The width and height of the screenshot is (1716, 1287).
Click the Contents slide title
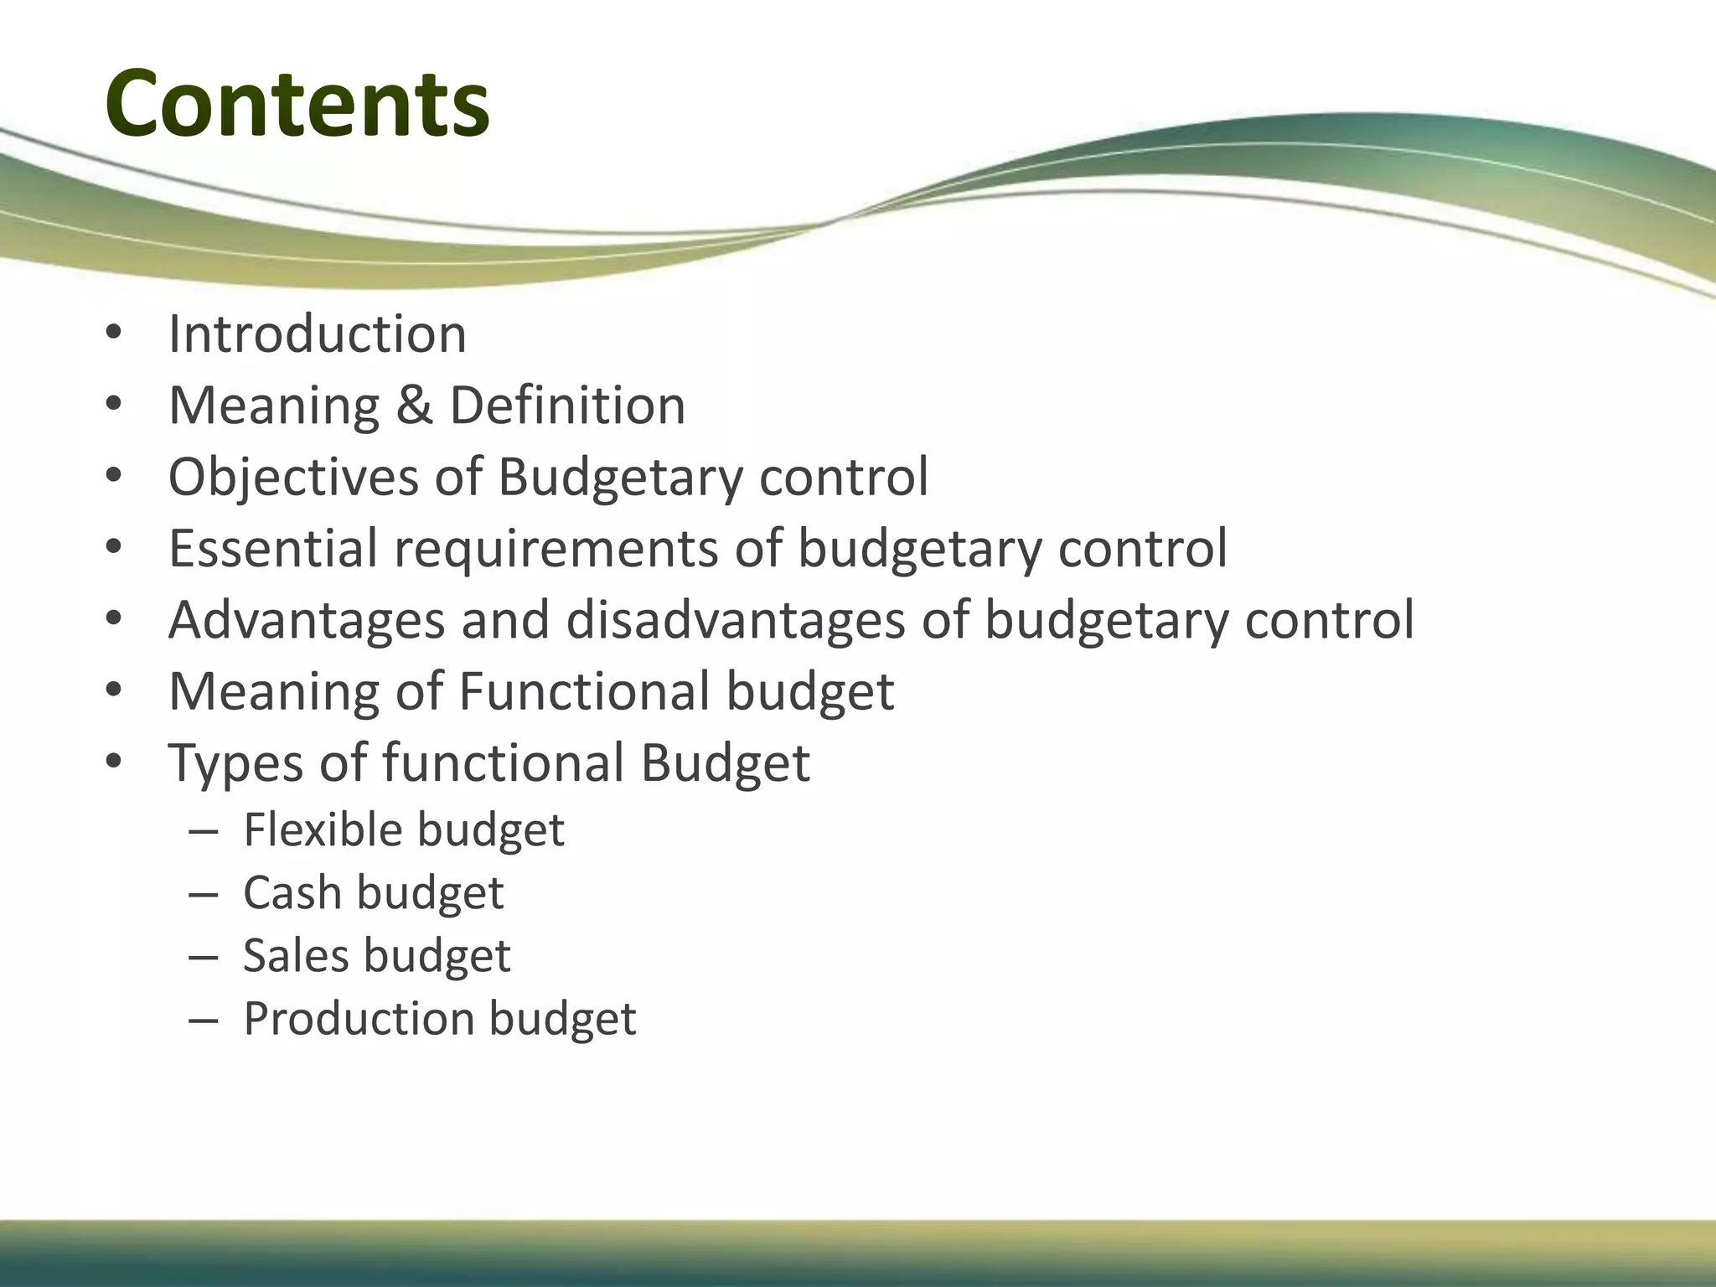point(297,104)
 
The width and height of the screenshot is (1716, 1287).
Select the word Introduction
point(317,334)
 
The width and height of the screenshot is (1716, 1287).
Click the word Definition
point(567,406)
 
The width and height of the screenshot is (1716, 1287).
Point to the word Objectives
point(293,478)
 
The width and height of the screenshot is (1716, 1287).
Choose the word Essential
point(273,549)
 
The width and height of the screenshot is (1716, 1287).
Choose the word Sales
point(296,955)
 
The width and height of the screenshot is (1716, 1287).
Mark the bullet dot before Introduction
point(114,334)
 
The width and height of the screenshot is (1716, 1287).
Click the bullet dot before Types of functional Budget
point(114,763)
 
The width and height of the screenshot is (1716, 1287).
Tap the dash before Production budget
point(203,1021)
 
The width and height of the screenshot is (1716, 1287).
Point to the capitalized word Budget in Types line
point(726,763)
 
